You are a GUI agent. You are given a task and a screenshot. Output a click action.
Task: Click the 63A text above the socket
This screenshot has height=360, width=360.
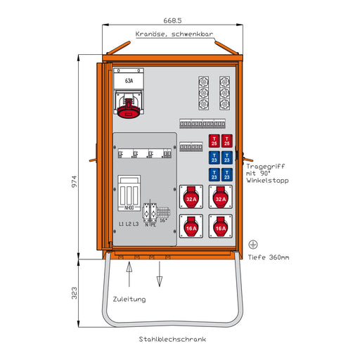[129, 82]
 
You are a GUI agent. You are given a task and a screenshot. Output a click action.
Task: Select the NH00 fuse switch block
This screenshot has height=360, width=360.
[129, 194]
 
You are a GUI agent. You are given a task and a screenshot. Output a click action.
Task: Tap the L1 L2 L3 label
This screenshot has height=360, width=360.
[129, 224]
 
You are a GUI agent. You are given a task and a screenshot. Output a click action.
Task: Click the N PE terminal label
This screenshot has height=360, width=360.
[150, 224]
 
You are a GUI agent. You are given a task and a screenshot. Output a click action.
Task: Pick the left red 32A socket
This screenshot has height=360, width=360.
[191, 200]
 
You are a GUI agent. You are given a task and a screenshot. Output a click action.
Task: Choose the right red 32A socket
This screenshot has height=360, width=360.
[220, 200]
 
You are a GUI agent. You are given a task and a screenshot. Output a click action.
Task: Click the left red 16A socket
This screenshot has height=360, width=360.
[191, 228]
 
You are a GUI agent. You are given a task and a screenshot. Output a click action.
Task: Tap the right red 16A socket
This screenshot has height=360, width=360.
[220, 228]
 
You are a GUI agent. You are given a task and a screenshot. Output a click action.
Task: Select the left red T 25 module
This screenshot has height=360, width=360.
[214, 141]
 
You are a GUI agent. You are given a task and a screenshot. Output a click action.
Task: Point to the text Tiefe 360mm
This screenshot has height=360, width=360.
[269, 257]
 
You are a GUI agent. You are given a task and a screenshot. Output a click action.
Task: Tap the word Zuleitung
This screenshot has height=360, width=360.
[129, 300]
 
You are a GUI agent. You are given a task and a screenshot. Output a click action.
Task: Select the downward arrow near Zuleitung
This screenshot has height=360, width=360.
[160, 278]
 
